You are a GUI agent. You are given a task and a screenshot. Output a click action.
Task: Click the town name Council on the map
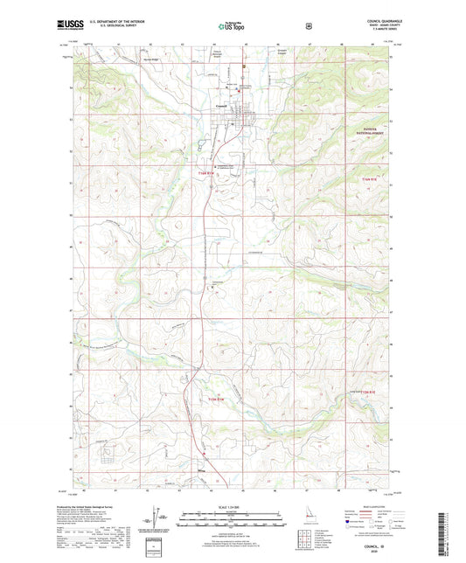click(221, 107)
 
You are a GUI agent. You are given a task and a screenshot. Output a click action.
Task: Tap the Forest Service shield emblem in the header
click(307, 27)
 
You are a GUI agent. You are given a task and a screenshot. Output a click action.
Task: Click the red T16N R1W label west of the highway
click(203, 174)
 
